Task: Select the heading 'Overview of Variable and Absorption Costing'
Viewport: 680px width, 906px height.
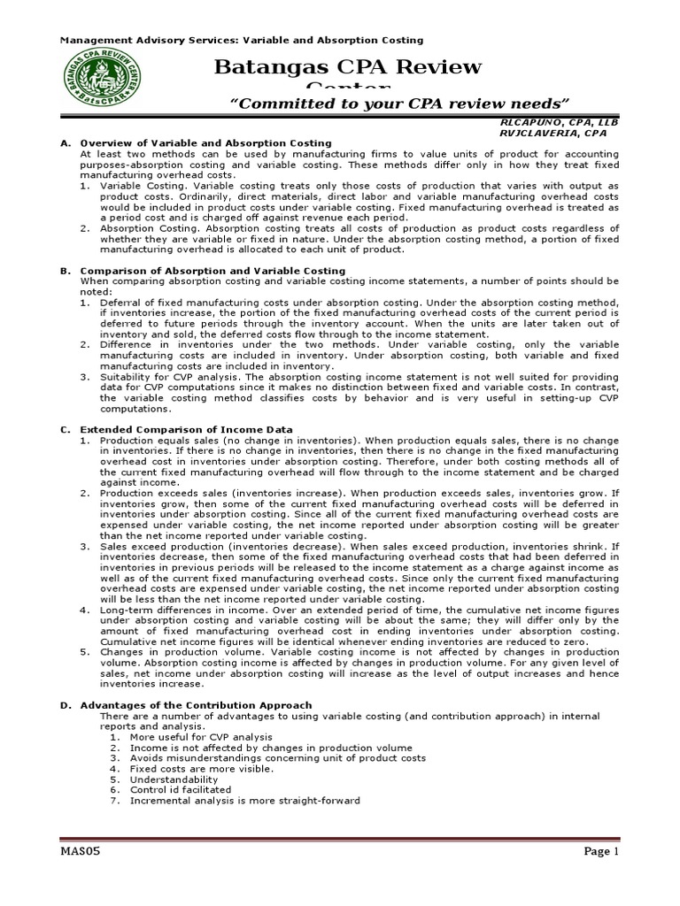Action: [x=205, y=142]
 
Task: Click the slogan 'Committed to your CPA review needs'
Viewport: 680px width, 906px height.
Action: [x=398, y=104]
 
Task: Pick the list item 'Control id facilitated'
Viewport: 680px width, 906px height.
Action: [x=185, y=790]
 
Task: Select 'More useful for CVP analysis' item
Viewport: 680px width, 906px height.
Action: [x=201, y=736]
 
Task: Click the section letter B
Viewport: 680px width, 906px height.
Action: [x=65, y=271]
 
